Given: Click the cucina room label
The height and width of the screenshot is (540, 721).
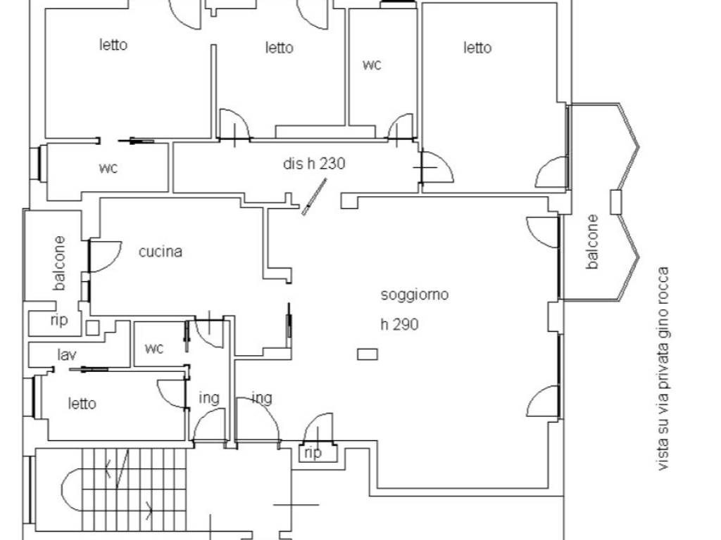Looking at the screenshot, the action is pos(161,252).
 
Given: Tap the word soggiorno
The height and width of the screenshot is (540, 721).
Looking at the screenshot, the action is pos(414,295).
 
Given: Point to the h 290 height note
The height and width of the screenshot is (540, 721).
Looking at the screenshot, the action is pos(400,325).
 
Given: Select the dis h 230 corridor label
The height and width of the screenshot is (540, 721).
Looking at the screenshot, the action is pos(314,163).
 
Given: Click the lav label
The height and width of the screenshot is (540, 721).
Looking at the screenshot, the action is pos(67,355).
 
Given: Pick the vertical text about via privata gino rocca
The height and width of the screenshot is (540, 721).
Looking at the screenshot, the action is pos(663,368).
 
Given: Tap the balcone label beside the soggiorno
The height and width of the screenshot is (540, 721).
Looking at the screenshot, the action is pos(592,242).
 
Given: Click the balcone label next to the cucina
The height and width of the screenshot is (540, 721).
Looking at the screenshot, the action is pos(59,263).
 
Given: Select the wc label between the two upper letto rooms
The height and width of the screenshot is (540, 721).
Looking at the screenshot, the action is pos(372,65).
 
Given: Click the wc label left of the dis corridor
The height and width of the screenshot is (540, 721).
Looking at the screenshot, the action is pos(108,168).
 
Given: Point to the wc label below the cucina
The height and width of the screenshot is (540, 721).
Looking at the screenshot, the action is pos(153,349).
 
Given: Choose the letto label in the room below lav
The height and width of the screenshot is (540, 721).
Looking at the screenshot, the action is pos(82,404).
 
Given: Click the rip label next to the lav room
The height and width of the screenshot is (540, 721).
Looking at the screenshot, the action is pos(59,320).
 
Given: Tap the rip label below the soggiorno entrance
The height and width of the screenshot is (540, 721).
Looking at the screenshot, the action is pos(313,454).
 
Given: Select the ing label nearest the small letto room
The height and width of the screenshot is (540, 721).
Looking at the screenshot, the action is pos(208,398).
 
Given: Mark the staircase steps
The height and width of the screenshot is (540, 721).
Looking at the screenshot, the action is pos(134,489).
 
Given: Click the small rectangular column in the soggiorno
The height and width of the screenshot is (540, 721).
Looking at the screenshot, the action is pos(368,354).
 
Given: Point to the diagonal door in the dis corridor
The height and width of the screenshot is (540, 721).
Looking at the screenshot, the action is pos(314,197).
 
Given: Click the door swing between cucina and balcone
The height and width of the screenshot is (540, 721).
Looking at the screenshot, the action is pos(105,256).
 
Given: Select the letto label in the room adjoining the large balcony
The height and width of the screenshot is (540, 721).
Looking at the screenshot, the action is pos(477,48).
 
